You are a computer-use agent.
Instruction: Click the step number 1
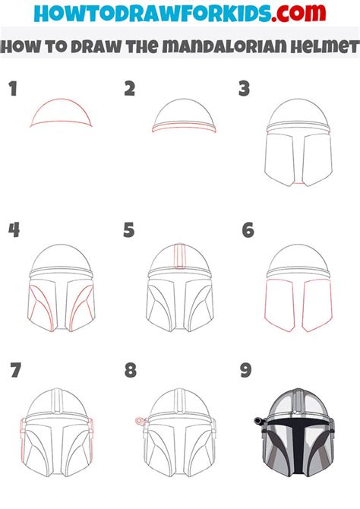pos(12,89)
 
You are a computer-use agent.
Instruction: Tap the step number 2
pos(130,89)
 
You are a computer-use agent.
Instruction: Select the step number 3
pos(245,89)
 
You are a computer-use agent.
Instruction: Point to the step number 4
pos(13,229)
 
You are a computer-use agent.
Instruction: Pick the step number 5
pos(129,229)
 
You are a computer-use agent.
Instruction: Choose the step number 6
pos(248,229)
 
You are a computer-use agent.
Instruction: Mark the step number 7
pos(15,371)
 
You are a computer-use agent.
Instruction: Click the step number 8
pos(131,371)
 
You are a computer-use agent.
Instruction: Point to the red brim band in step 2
pos(179,128)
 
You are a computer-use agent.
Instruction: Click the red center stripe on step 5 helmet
pos(179,256)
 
